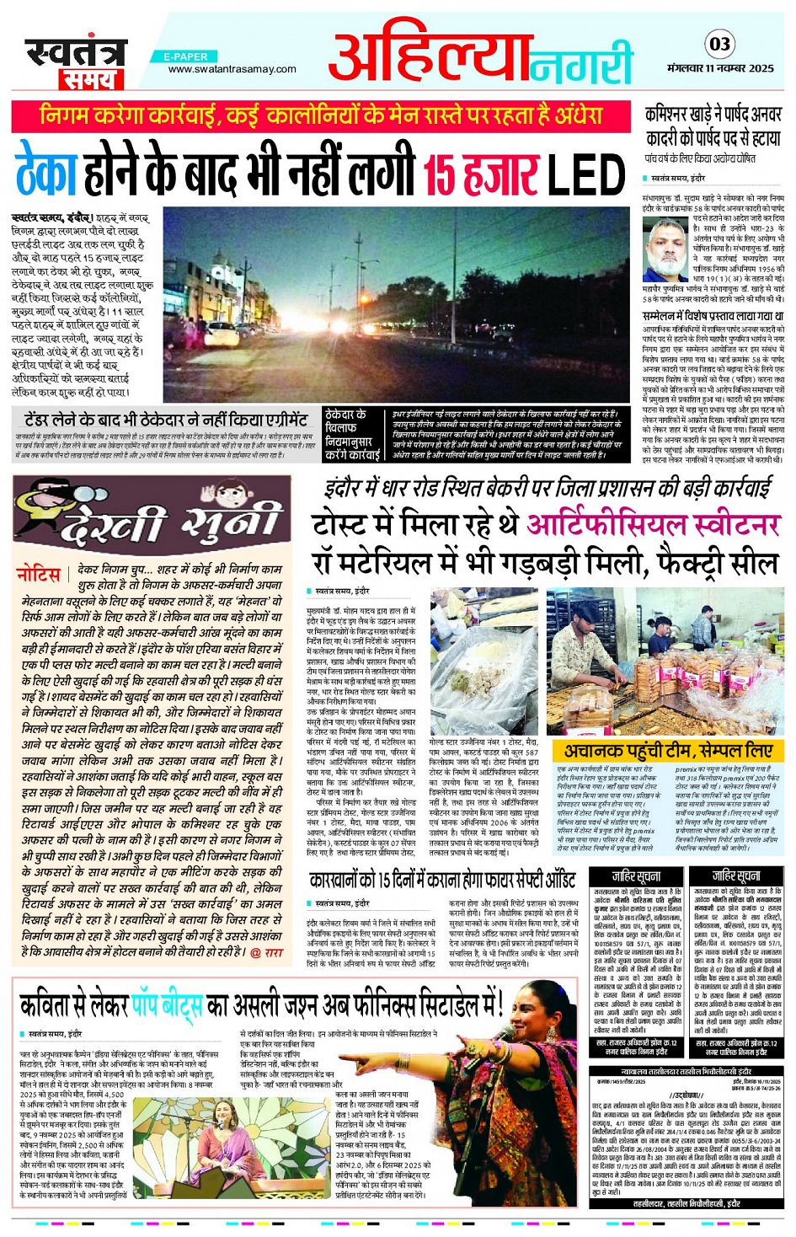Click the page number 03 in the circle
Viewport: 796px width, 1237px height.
[x=720, y=44]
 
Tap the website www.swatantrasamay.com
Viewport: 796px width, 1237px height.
[x=232, y=69]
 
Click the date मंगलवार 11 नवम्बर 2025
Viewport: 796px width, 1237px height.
[x=720, y=68]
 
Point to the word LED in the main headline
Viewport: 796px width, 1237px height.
[x=586, y=175]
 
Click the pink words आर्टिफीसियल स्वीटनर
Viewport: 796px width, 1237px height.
[x=653, y=524]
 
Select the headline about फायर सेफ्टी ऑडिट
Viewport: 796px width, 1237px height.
[x=442, y=881]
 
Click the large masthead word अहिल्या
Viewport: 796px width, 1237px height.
[x=430, y=58]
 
